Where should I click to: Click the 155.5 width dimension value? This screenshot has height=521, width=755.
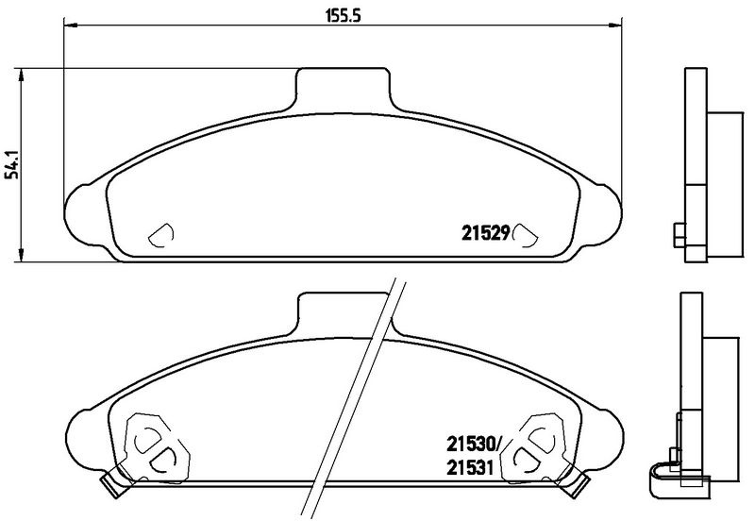tap(344, 16)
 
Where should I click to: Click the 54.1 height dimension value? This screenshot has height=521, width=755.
tap(12, 164)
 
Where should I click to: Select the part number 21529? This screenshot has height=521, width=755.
tap(486, 233)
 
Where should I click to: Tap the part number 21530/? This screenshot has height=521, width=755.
tap(474, 444)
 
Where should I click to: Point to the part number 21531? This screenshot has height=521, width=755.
tap(470, 467)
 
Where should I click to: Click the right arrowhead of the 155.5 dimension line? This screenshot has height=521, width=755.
tap(616, 24)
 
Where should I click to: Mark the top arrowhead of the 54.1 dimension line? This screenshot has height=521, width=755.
tap(21, 75)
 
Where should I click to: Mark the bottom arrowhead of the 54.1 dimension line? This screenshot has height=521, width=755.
tap(21, 255)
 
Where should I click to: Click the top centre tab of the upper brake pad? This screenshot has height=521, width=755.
tap(344, 89)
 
